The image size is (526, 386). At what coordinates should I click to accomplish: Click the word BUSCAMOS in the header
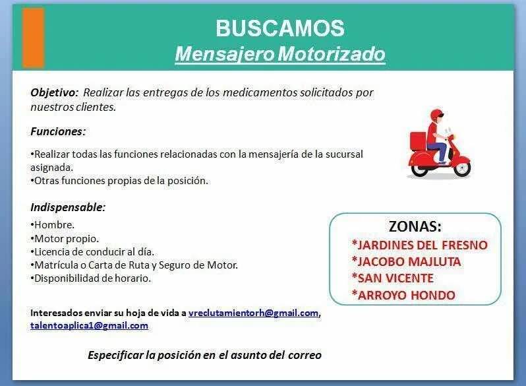(280, 28)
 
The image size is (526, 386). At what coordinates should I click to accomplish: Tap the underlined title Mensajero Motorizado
(280, 53)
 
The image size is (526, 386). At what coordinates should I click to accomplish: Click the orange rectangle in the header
(33, 38)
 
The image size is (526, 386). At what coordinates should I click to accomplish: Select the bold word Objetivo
(54, 92)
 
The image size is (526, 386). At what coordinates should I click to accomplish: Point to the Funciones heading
(58, 131)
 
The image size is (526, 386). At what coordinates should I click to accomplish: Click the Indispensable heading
(68, 207)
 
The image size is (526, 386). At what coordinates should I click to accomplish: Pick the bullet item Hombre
(52, 225)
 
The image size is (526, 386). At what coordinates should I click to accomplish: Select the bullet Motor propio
(65, 238)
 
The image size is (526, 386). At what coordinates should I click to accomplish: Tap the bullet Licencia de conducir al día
(92, 251)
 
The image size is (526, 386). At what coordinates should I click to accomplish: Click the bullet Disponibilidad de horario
(91, 278)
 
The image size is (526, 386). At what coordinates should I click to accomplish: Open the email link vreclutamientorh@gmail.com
(253, 313)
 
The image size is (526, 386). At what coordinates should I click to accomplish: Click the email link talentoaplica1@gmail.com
(89, 325)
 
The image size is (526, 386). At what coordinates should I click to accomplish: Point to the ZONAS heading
(415, 226)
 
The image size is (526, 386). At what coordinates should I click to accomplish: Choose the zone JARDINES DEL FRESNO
(420, 245)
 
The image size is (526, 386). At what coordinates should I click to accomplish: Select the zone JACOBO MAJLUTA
(406, 262)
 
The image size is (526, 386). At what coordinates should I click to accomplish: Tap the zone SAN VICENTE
(392, 278)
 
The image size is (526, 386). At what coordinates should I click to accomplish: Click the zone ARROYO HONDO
(403, 295)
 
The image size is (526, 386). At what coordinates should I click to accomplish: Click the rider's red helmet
(436, 115)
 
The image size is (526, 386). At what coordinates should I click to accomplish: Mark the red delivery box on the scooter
(418, 141)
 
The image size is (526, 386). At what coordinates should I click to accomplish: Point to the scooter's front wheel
(462, 169)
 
